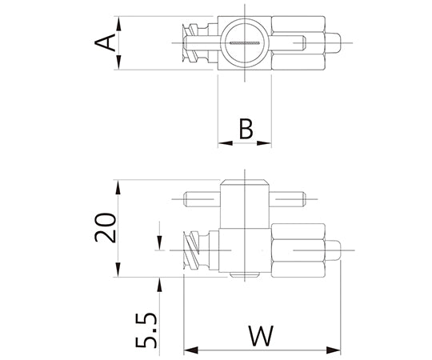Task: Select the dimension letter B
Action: pos(246,129)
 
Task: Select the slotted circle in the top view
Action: pos(245,42)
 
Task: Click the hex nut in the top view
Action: pos(298,43)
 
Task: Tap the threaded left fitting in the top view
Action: pos(194,43)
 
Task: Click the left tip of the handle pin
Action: pos(189,198)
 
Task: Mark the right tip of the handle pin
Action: pos(300,198)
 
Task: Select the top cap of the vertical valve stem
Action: pos(244,183)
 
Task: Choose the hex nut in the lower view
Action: pos(298,250)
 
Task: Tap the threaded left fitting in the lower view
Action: pos(194,250)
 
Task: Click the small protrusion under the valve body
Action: pos(244,277)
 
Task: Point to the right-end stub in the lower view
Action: pos(334,250)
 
